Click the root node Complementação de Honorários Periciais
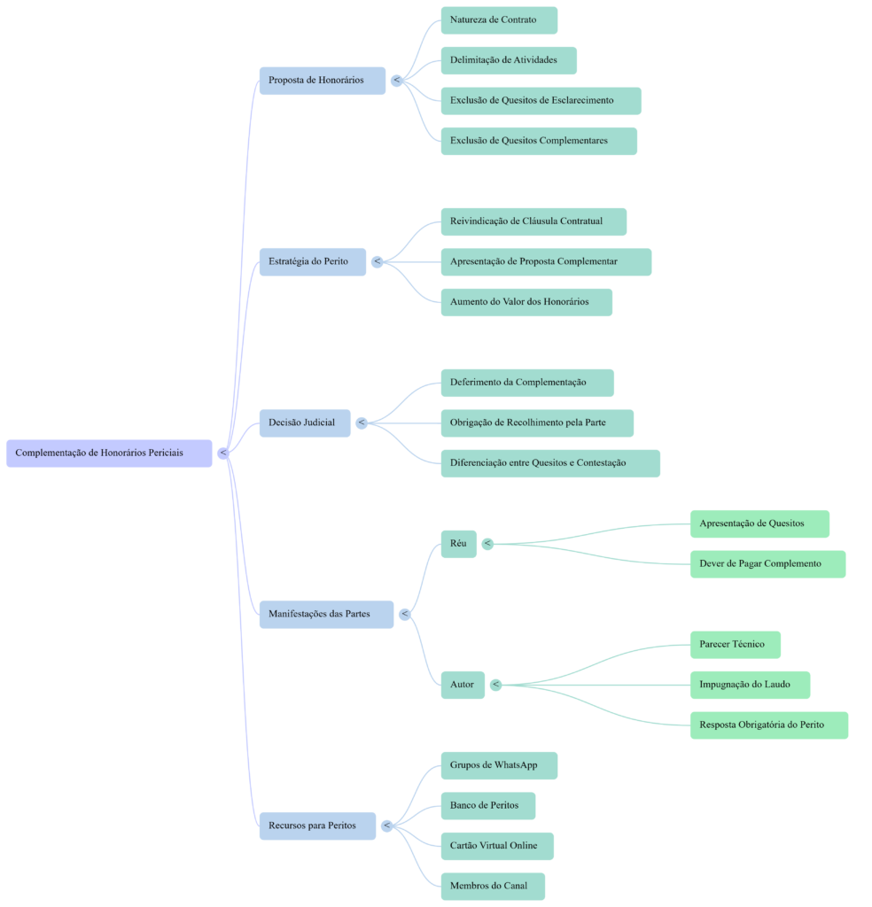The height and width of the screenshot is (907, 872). [x=108, y=453]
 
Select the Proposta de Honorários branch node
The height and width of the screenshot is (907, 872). [x=322, y=80]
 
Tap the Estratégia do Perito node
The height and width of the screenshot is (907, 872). [x=312, y=261]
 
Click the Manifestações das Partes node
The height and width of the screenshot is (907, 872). [x=325, y=614]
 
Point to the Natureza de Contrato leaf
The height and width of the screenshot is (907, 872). [x=499, y=19]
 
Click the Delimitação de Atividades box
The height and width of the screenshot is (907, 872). [x=509, y=60]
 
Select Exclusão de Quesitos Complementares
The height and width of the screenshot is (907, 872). [x=538, y=141]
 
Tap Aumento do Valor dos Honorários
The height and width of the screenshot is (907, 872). [x=526, y=302]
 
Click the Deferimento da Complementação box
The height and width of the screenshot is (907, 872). [x=526, y=383]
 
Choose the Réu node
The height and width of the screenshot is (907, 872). [x=458, y=543]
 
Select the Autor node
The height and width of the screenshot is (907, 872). [x=462, y=685]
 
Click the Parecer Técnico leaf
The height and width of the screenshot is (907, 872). [x=735, y=644]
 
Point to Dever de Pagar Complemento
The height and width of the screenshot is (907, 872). [x=767, y=563]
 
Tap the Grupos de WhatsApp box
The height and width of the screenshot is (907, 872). [x=499, y=765]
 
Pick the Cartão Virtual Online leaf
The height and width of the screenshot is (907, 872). [x=497, y=846]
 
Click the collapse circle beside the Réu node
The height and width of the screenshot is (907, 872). [x=487, y=543]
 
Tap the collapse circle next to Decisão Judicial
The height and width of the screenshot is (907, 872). [x=362, y=422]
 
